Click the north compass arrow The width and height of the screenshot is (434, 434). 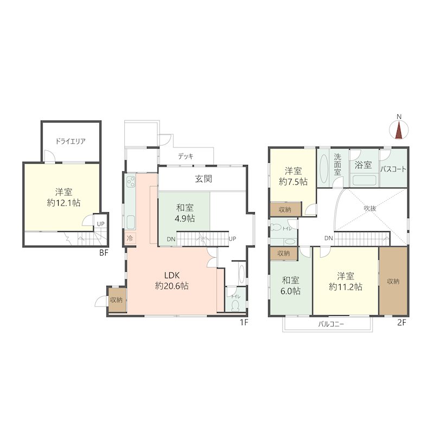(x=399, y=130)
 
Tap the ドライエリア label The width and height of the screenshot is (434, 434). (x=71, y=142)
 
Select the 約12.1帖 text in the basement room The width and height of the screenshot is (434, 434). (x=63, y=203)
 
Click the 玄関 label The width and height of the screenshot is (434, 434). (x=203, y=179)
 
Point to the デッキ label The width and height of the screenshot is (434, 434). (x=186, y=156)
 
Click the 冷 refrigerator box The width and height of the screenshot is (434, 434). (x=130, y=238)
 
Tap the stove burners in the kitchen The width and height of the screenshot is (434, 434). (x=131, y=182)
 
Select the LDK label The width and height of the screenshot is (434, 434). (x=172, y=275)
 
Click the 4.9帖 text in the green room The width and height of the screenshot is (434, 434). (x=184, y=219)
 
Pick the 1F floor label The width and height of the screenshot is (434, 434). (x=244, y=322)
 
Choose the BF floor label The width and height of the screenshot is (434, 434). (x=104, y=253)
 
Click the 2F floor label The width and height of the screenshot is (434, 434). (x=401, y=322)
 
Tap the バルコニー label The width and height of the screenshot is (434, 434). (x=331, y=324)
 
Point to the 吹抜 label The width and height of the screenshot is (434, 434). (x=370, y=208)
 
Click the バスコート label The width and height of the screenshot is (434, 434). (x=393, y=169)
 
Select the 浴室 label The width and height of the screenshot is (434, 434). (x=363, y=165)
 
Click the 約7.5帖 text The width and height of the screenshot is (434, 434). (x=293, y=182)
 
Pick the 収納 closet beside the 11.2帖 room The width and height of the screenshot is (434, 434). (x=393, y=281)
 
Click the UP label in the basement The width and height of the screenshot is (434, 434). (x=100, y=224)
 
